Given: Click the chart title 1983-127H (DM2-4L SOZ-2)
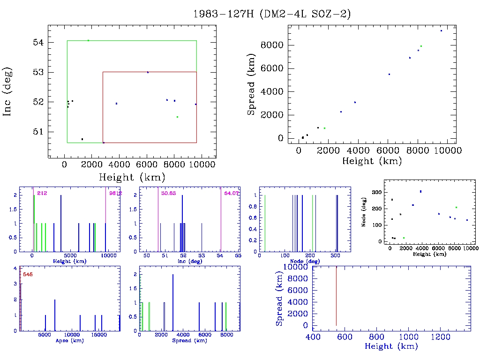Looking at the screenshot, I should (272, 14).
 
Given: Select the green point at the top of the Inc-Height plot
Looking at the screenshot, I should (88, 40).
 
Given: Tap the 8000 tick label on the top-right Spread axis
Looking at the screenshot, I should (273, 45).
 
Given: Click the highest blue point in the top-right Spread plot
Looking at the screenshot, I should (441, 30).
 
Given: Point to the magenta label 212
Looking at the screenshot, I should (42, 193).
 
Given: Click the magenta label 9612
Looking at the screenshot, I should (116, 193).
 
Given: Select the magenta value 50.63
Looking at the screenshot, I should (168, 193).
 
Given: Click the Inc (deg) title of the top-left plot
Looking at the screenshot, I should (8, 92).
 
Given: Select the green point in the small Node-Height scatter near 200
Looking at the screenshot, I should (456, 207).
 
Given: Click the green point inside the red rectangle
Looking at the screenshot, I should (177, 117).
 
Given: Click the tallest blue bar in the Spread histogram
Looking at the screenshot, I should (173, 302).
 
